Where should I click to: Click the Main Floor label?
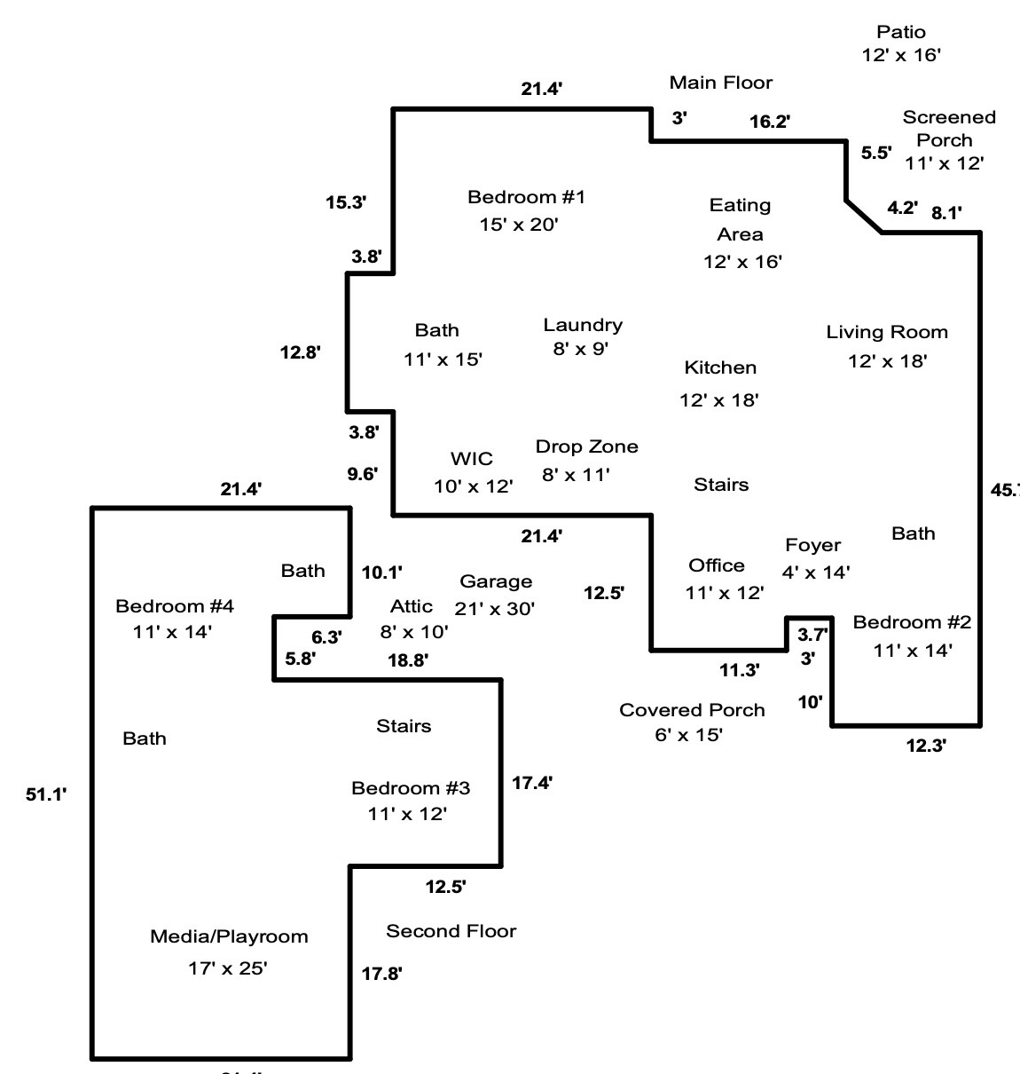coord(721,83)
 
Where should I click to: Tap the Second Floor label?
coord(451,931)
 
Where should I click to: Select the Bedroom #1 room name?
coord(526,197)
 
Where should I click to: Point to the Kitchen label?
coord(720,367)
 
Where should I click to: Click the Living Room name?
coord(887,332)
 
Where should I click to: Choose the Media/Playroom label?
coord(229,936)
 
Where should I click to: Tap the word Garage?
coord(496,581)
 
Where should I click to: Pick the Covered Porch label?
coord(692,710)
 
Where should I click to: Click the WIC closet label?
coord(472,459)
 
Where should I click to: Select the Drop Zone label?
coord(586,446)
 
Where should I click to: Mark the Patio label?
coord(901,32)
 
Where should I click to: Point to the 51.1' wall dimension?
coord(46,794)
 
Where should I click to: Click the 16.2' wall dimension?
coord(770,122)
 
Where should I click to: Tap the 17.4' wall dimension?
coord(533,783)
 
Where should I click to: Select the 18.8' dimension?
coord(408,659)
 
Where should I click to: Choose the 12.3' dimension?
coord(926,746)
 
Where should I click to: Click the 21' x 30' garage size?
coord(494,608)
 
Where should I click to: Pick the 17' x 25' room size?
coord(228,968)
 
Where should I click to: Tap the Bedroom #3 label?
coord(411,788)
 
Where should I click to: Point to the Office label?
coord(717,565)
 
